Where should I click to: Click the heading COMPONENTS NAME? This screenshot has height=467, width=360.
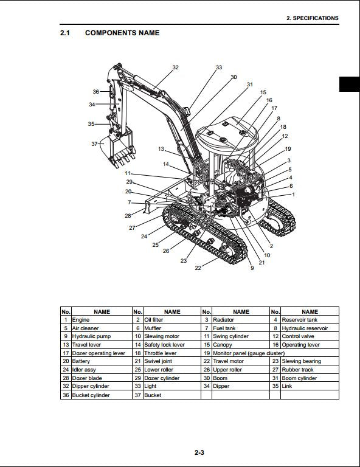(122, 33)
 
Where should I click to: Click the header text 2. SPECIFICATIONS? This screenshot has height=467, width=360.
(312, 18)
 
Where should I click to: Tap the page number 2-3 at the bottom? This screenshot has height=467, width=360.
(199, 452)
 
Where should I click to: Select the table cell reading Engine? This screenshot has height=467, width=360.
(81, 320)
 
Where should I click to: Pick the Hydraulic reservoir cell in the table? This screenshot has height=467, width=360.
(305, 328)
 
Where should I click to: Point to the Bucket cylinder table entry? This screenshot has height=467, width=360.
(91, 395)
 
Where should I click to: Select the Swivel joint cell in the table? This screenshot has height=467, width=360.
(157, 361)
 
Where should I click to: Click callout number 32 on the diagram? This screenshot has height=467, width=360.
(175, 67)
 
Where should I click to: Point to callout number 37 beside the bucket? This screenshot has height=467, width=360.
(94, 144)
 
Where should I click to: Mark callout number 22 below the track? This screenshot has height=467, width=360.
(198, 268)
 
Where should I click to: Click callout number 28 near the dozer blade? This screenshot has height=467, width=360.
(128, 215)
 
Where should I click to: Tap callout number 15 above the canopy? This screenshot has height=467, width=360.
(263, 92)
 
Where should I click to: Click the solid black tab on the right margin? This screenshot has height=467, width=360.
(349, 85)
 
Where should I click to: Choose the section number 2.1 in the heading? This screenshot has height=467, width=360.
(65, 33)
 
